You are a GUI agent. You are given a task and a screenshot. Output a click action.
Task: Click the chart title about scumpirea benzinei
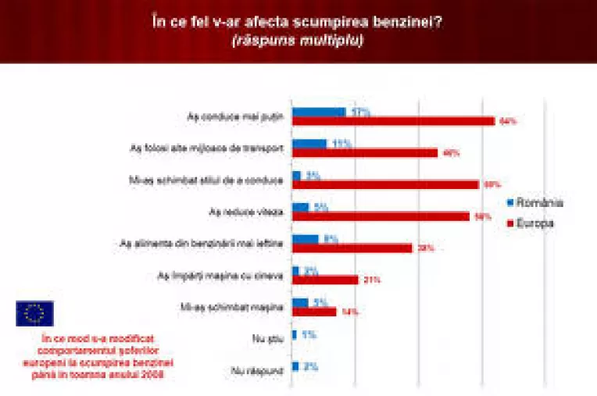297,21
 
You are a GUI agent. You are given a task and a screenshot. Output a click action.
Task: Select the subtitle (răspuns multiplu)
297,40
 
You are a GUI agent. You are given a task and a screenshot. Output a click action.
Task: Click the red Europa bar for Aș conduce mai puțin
393,121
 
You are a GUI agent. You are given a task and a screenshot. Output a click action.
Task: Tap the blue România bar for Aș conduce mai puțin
319,112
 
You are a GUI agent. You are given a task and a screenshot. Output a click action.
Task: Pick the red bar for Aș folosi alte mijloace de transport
364,153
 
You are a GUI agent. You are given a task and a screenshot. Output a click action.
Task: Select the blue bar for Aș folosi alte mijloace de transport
309,144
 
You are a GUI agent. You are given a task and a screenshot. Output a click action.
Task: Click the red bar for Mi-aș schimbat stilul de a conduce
384,184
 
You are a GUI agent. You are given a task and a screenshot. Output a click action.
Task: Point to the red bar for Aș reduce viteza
381,216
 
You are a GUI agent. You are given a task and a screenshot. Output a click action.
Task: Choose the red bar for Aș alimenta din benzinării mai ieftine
352,248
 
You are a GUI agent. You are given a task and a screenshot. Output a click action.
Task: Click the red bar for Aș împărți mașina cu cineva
325,280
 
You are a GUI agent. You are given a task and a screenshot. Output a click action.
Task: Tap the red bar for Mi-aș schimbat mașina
314,312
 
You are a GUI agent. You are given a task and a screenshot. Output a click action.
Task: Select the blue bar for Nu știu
294,334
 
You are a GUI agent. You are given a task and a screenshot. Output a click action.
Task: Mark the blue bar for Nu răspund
295,366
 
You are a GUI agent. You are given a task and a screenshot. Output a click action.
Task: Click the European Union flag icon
34,313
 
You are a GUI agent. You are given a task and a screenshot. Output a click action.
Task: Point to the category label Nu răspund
256,371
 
